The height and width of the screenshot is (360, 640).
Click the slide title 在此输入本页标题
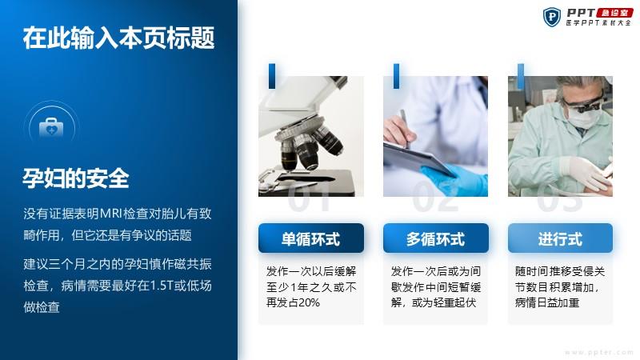point(118,38)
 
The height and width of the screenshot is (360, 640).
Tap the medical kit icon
point(51,127)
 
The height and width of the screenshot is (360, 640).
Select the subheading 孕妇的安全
point(76,178)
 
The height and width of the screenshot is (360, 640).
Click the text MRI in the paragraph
point(110,214)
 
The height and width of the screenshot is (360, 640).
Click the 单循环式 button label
point(310,239)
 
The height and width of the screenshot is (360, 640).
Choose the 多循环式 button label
point(435,239)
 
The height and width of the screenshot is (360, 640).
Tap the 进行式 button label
point(560,239)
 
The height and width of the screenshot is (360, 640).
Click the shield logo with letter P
point(552,17)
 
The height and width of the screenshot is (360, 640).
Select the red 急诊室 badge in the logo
point(614,13)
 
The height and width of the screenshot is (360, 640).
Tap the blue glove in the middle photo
point(457,178)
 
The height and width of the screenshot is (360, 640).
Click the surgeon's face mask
point(585,116)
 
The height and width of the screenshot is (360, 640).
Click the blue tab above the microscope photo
point(272,76)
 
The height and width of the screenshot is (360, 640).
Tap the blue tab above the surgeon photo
point(521,76)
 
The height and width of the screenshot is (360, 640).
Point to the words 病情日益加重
point(547,302)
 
